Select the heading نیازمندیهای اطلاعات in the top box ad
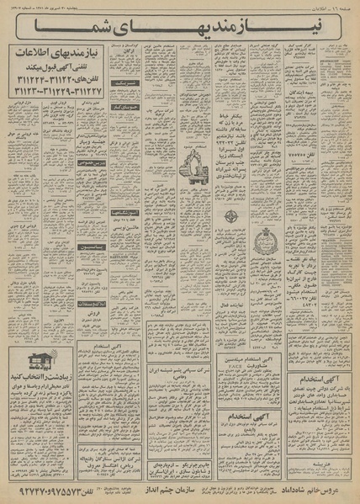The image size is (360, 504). [x=58, y=52]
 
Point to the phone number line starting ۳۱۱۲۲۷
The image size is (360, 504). [x=58, y=84]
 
